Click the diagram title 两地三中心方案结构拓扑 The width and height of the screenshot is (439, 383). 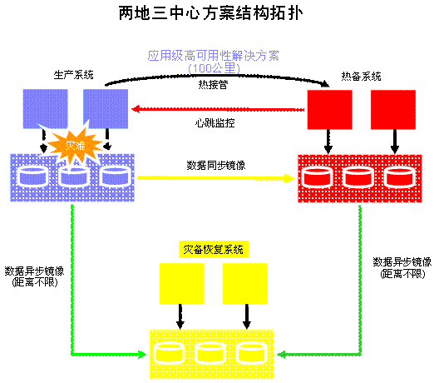[x=211, y=13]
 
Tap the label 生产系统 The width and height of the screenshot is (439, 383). [x=74, y=75]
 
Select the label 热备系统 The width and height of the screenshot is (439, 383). [x=361, y=77]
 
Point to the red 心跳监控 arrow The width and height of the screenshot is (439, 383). [x=218, y=109]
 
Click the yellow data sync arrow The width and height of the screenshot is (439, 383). [x=215, y=178]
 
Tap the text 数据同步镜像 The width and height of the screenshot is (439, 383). [x=216, y=166]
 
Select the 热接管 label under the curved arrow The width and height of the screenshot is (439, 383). [x=213, y=84]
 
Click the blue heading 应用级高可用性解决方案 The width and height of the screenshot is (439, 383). [x=214, y=56]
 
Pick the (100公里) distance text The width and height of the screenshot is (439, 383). [x=215, y=68]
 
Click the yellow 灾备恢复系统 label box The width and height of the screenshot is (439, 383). [x=214, y=249]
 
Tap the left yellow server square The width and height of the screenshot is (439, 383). [x=182, y=283]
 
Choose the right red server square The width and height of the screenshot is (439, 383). [x=393, y=110]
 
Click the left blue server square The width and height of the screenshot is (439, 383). [x=45, y=109]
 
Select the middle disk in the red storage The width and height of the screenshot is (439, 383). [x=358, y=177]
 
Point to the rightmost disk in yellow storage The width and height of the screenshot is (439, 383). [x=250, y=353]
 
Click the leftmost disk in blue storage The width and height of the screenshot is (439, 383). [x=33, y=177]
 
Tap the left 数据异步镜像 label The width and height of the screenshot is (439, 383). [x=34, y=276]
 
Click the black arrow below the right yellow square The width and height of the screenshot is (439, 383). [x=246, y=316]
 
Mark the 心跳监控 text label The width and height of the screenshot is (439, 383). [x=215, y=123]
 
